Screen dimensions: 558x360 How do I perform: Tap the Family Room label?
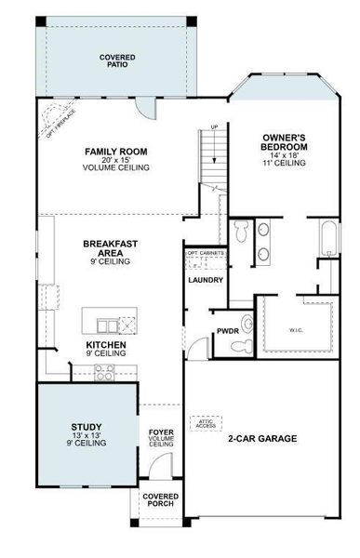coord(116,151)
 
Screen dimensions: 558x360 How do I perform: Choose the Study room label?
coord(87,428)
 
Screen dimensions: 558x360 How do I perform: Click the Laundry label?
coord(204,279)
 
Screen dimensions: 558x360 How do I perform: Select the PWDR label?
coord(228,330)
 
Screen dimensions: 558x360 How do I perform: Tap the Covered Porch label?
coord(160,501)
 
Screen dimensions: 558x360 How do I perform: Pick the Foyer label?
coord(161,432)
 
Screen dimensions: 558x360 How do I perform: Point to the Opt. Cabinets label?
coord(205,252)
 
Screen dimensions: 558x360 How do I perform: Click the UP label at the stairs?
coord(213,127)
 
